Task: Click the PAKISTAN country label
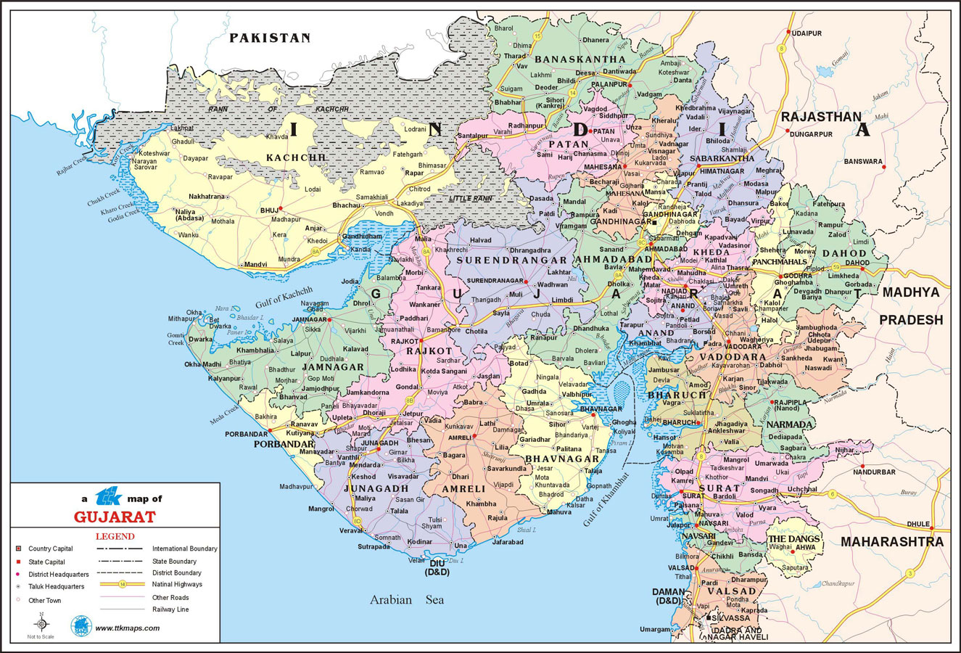point(270,38)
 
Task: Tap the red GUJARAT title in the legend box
point(115,517)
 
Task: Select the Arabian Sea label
point(406,600)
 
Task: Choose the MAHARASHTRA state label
point(891,542)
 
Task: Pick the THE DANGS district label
point(794,539)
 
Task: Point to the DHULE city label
point(917,524)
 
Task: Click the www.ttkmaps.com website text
point(127,628)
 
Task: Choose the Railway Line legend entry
point(170,609)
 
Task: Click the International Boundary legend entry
point(184,549)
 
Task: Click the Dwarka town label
point(201,339)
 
